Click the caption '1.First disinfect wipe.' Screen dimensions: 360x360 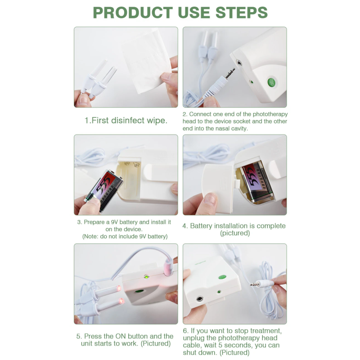[x=126, y=121]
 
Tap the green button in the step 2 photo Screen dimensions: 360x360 [x=271, y=82]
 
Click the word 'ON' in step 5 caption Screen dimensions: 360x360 [x=118, y=336]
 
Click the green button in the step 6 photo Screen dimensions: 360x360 [x=222, y=277]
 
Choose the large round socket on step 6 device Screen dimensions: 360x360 [x=199, y=299]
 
